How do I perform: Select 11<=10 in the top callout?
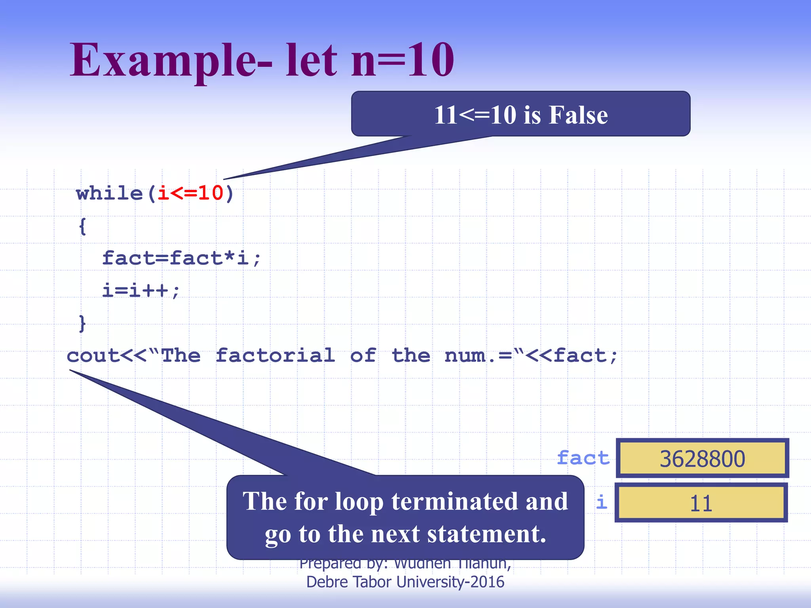click(x=475, y=115)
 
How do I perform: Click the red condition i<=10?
click(x=190, y=194)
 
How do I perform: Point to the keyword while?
click(x=109, y=194)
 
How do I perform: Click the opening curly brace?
click(x=82, y=227)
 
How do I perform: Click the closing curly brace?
click(x=82, y=323)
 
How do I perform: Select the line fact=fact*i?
click(x=181, y=258)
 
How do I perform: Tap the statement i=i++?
click(x=141, y=291)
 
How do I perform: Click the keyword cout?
click(x=93, y=355)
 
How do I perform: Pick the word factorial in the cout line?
click(x=275, y=355)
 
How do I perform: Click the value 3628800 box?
click(x=702, y=458)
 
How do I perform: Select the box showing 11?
click(x=701, y=503)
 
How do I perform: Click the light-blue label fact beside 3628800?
click(x=583, y=458)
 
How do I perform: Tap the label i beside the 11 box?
click(x=602, y=502)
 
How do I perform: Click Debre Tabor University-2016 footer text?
click(x=405, y=582)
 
